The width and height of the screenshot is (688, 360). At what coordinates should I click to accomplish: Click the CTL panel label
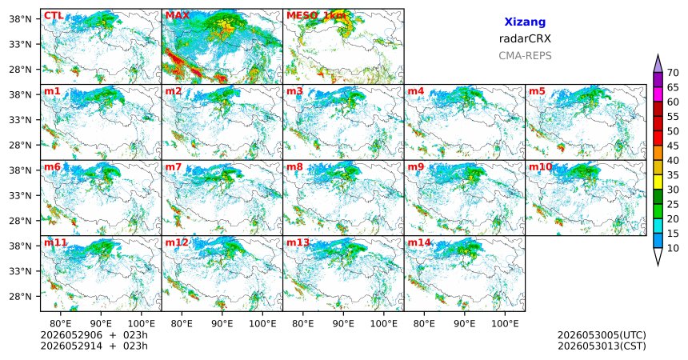pyautogui.click(x=54, y=16)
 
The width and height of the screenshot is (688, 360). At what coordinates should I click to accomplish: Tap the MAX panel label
pyautogui.click(x=178, y=16)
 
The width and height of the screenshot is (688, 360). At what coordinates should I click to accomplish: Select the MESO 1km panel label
pyautogui.click(x=316, y=16)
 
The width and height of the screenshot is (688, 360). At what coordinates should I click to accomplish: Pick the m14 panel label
pyautogui.click(x=419, y=242)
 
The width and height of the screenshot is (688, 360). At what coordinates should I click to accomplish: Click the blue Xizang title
pyautogui.click(x=525, y=22)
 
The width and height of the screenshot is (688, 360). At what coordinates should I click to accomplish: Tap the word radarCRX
pyautogui.click(x=525, y=38)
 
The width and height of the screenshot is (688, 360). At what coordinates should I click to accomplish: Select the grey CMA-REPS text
pyautogui.click(x=525, y=56)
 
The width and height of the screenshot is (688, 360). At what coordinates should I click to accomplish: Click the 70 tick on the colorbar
pyautogui.click(x=673, y=73)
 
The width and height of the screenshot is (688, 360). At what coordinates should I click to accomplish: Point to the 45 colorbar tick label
pyautogui.click(x=673, y=146)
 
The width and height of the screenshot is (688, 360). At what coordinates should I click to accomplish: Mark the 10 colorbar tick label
pyautogui.click(x=673, y=249)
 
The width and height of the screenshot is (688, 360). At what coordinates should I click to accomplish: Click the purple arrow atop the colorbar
pyautogui.click(x=658, y=64)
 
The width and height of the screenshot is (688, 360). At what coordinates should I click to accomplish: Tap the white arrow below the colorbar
pyautogui.click(x=658, y=256)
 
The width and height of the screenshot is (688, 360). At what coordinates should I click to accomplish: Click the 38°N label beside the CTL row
pyautogui.click(x=21, y=19)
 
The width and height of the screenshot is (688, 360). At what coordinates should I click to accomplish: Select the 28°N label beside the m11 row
pyautogui.click(x=21, y=296)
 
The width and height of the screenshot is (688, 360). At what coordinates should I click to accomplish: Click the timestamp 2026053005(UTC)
pyautogui.click(x=602, y=335)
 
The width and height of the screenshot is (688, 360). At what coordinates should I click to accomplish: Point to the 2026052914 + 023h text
pyautogui.click(x=94, y=346)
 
